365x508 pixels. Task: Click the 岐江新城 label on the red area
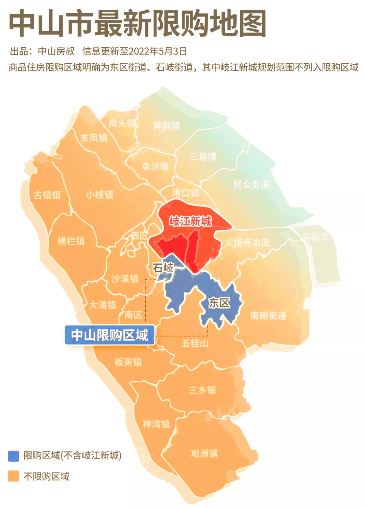coord(190,221)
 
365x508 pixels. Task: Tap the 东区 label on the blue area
coord(219,303)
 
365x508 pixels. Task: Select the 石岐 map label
coord(163,268)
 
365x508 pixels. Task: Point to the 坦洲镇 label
coord(204,453)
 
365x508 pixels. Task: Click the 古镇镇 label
coord(47,195)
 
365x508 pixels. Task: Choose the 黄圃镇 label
coord(166,126)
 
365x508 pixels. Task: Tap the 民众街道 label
coord(251,184)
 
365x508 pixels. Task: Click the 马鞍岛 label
coord(315,237)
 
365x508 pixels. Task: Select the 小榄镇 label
coord(100,195)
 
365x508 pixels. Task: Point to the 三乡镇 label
coord(202,390)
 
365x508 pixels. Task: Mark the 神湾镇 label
coord(156,424)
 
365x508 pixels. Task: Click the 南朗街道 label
coord(268,316)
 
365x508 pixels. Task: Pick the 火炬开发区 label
coord(247,242)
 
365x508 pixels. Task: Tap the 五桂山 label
coord(195,343)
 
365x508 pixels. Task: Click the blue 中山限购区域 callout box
coord(110,335)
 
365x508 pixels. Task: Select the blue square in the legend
coord(14,456)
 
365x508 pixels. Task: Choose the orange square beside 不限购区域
coord(14,476)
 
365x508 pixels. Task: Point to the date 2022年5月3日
coord(158,51)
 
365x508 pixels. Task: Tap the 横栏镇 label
coord(71,241)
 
